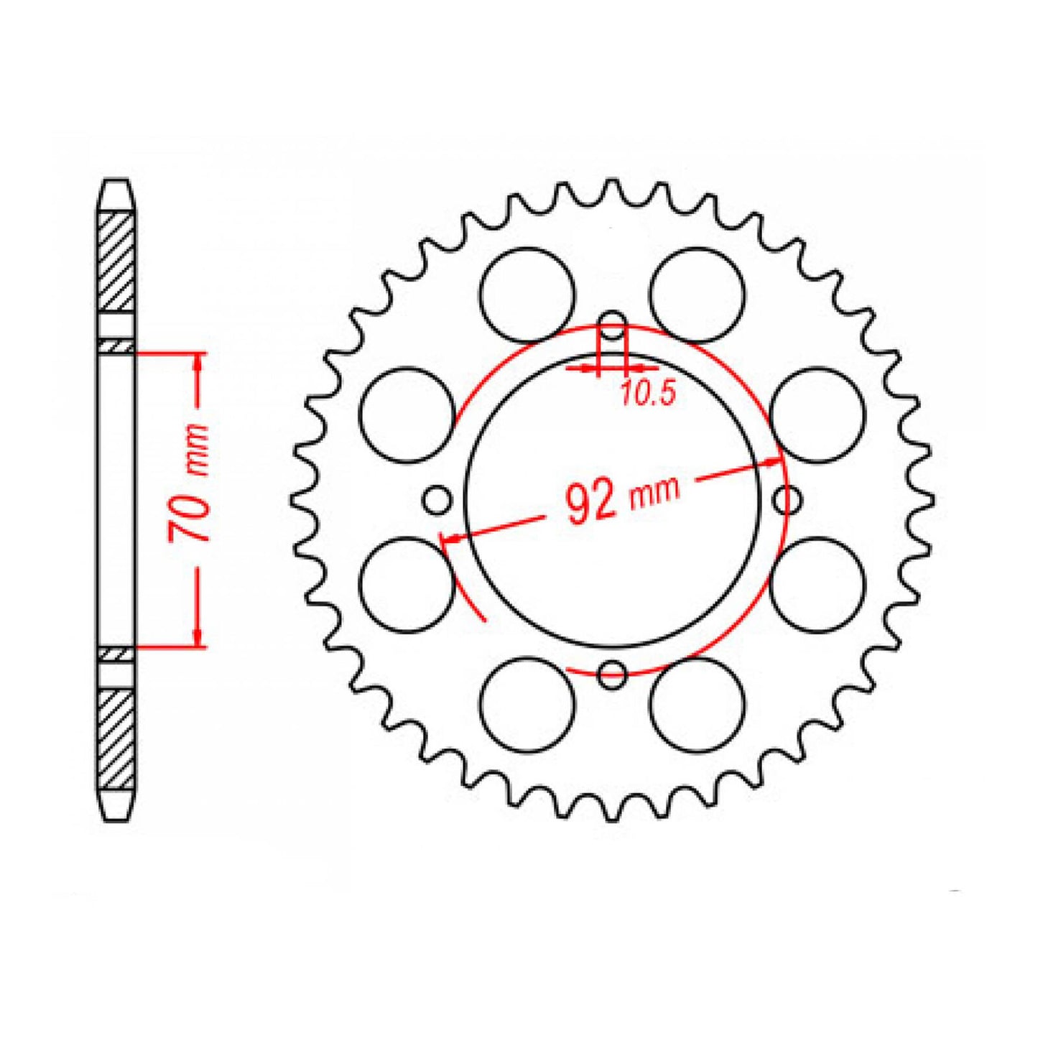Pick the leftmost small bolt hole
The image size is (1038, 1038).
pos(437,500)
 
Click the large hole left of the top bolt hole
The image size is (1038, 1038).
pos(528,294)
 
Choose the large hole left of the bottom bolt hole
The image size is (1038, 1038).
pos(528,705)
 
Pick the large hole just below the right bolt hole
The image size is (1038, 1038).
pos(817,584)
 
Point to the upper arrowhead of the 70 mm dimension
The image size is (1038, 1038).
pos(199,363)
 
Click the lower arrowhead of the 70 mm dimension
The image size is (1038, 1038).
pos(199,636)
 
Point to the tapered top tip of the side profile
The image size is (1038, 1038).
pos(116,187)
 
